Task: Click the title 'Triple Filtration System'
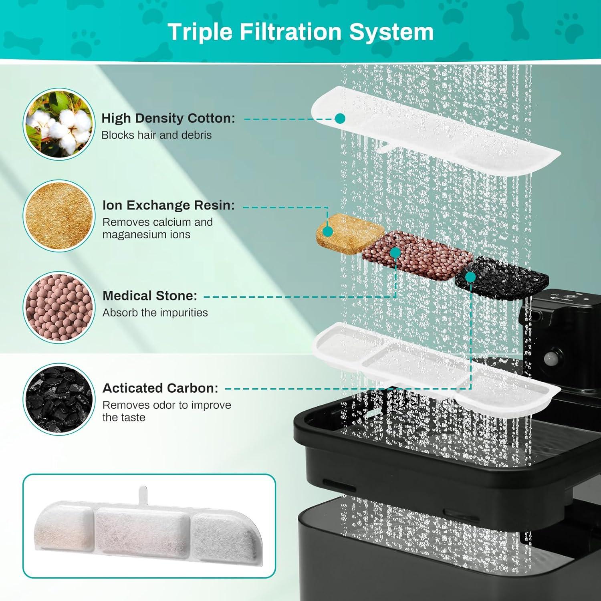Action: pos(300,32)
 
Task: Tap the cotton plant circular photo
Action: pos(59,124)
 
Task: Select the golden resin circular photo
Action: pos(59,216)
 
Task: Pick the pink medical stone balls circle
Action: pos(59,307)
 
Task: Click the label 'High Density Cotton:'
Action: pos(168,118)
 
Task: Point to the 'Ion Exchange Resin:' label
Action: pos(169,205)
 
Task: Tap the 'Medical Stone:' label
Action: pos(150,296)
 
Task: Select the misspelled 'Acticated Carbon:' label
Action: pos(160,388)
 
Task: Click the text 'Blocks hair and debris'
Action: pos(156,135)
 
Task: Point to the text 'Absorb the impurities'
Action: pos(155,313)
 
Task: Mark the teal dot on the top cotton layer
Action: pos(340,118)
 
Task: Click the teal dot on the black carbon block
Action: pos(471,277)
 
